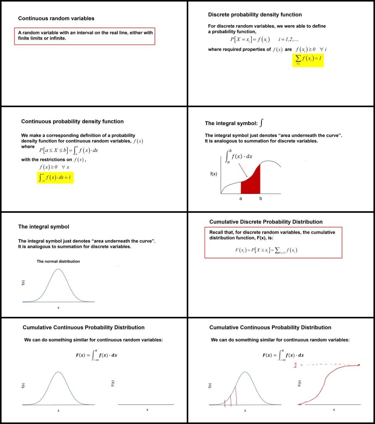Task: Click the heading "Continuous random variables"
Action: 56,18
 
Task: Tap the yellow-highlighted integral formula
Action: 55,177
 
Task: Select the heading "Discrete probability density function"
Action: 255,15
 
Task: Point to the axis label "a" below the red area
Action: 241,199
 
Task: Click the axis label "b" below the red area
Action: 260,199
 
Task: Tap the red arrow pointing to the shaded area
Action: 243,170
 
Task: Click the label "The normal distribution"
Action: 58,261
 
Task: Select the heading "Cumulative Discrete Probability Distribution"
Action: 266,222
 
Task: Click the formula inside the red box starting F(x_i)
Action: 266,250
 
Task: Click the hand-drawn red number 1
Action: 295,365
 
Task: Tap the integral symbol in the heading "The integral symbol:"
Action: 262,123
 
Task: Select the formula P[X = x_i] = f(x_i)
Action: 250,40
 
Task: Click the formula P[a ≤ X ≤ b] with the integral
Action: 69,150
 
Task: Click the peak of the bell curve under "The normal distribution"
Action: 58,269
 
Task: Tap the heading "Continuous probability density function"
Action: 72,121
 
